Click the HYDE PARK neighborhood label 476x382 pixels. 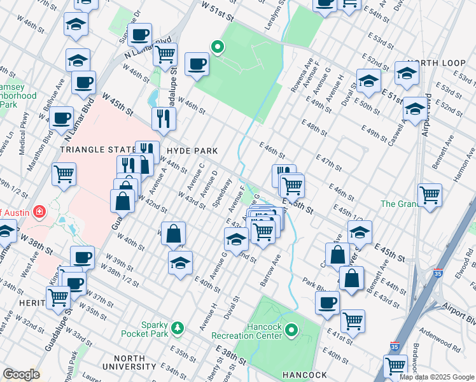click(x=192, y=151)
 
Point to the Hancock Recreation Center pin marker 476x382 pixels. click(x=292, y=330)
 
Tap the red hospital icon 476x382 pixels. click(x=39, y=211)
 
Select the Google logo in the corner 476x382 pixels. click(x=21, y=374)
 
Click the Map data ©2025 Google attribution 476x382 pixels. click(x=437, y=377)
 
